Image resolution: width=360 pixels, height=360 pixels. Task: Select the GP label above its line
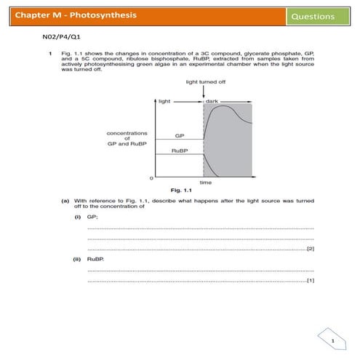(179, 135)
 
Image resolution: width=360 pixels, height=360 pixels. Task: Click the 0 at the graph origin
(151, 177)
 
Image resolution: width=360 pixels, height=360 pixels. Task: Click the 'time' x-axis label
(206, 183)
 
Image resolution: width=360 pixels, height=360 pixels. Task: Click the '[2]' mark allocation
(311, 249)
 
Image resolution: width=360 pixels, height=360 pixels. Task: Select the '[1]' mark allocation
(311, 280)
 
